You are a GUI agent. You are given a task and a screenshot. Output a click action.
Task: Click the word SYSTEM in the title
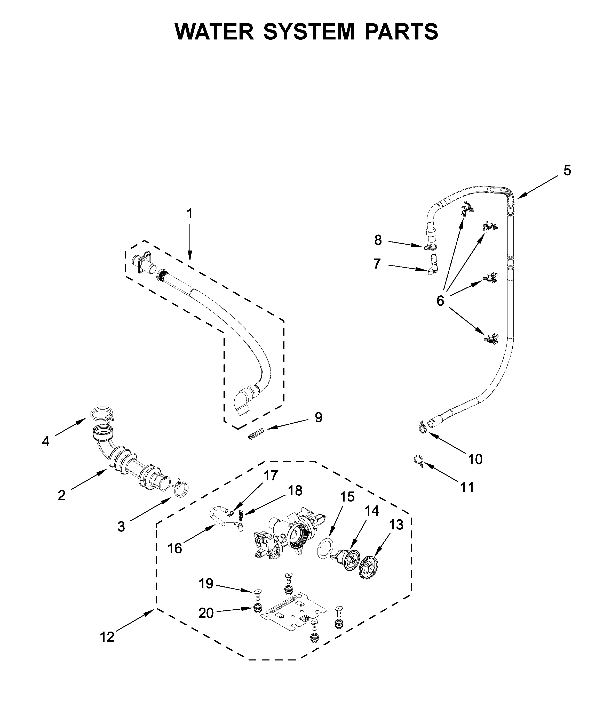tap(309, 32)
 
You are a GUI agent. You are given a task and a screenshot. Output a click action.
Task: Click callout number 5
tap(567, 171)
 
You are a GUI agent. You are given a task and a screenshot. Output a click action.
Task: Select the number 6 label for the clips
tap(440, 301)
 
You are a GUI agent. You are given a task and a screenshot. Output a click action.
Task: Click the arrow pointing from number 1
tap(190, 243)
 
